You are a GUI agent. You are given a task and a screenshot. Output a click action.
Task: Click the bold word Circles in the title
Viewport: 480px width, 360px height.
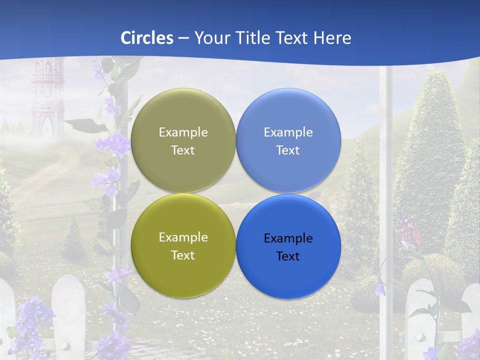(x=147, y=38)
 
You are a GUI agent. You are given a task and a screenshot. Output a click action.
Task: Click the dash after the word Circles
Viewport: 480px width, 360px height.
(x=183, y=38)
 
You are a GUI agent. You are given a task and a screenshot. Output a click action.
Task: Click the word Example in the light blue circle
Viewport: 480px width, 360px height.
(x=288, y=132)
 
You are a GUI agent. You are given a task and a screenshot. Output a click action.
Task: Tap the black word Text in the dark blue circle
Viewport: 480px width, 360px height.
(x=288, y=256)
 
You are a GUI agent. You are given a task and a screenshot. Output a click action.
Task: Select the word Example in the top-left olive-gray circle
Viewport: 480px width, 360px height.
(x=183, y=132)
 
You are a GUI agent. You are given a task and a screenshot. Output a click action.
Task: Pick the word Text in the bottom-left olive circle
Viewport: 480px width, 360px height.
(x=183, y=255)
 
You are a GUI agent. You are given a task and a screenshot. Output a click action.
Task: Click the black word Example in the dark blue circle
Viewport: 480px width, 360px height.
(x=288, y=238)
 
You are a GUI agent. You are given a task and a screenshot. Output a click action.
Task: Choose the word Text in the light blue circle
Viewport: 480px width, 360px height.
(x=288, y=150)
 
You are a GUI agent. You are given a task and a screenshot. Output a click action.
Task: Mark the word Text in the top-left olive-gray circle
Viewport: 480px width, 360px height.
(x=183, y=150)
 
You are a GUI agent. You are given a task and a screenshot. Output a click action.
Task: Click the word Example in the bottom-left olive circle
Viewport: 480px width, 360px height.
(x=183, y=237)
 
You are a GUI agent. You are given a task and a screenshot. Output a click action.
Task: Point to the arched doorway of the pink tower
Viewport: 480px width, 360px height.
(x=48, y=125)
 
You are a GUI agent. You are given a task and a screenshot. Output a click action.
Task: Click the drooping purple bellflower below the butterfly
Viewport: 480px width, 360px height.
(x=381, y=289)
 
